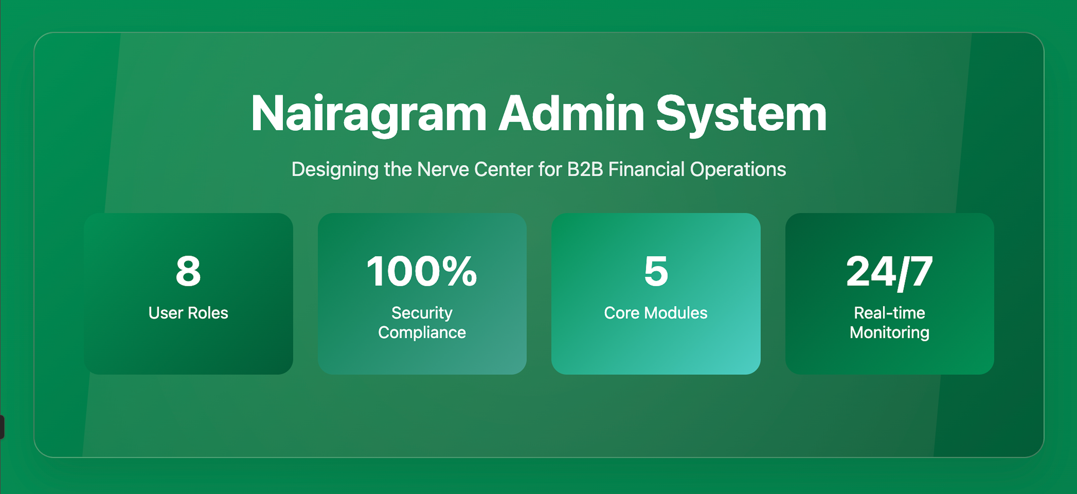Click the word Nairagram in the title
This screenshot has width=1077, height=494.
pyautogui.click(x=369, y=114)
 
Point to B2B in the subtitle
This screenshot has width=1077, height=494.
pyautogui.click(x=585, y=170)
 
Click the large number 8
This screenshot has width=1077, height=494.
pyautogui.click(x=188, y=271)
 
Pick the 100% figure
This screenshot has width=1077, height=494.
pyautogui.click(x=421, y=271)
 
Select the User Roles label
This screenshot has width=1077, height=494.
pyautogui.click(x=188, y=313)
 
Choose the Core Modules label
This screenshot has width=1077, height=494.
pyautogui.click(x=656, y=313)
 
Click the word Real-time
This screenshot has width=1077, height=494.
pyautogui.click(x=889, y=313)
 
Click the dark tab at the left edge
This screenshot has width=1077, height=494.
pyautogui.click(x=2, y=427)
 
